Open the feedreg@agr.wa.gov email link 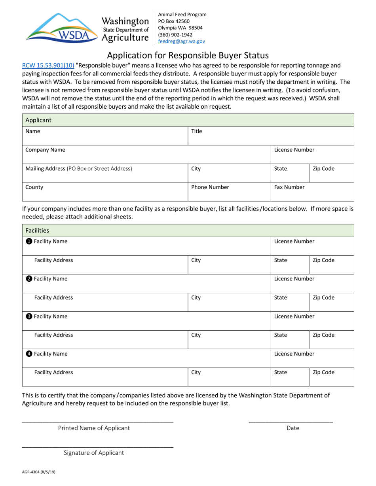click(x=182, y=41)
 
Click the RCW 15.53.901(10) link click(x=48, y=66)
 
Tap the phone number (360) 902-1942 click(x=175, y=34)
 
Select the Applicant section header click(x=38, y=120)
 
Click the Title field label click(x=197, y=131)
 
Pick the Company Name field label click(x=46, y=150)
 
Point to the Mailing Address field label click(x=78, y=169)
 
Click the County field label click(x=34, y=187)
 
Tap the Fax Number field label click(x=289, y=187)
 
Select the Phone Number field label click(x=210, y=187)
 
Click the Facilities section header click(x=37, y=230)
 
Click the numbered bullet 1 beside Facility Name click(x=29, y=241)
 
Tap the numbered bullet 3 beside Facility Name click(x=29, y=316)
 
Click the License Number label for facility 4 click(x=294, y=354)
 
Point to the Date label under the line click(x=293, y=428)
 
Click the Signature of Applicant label click(x=94, y=453)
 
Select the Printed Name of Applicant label click(x=94, y=428)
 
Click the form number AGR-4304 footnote click(x=39, y=471)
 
